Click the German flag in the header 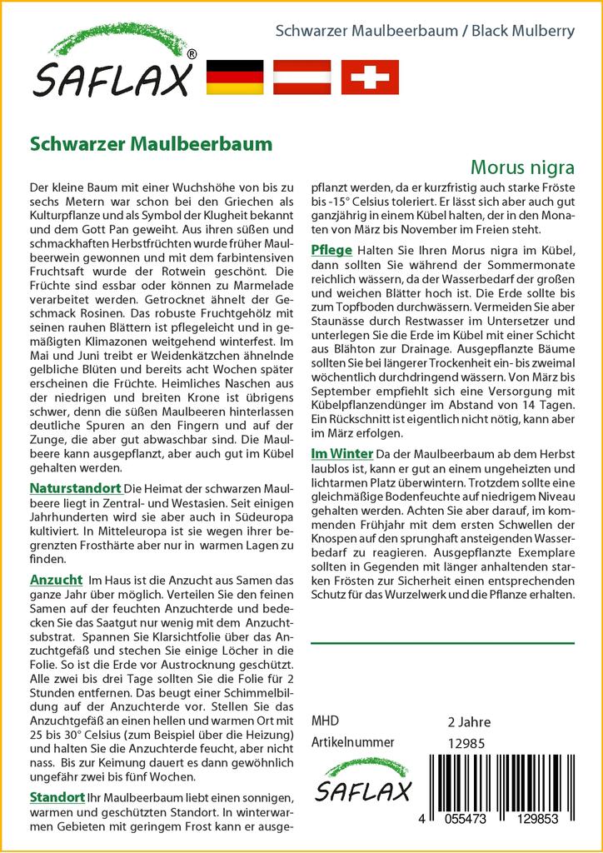(x=234, y=77)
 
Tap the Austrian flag (x=302, y=77)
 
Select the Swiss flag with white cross (x=371, y=77)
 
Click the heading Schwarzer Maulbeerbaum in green (x=151, y=142)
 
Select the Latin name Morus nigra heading (x=522, y=167)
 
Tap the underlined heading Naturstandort (x=75, y=487)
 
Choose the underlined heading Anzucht (x=56, y=579)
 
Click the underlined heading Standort (x=57, y=797)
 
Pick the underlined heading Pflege (x=331, y=251)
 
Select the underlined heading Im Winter (x=341, y=454)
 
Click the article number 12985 (x=466, y=743)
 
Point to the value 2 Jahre (x=469, y=721)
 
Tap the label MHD (x=325, y=721)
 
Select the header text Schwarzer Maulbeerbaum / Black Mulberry (x=425, y=32)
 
